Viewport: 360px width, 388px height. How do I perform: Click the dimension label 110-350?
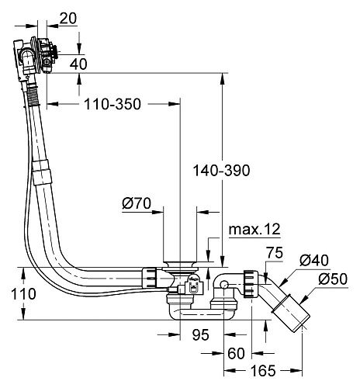pyautogui.click(x=112, y=104)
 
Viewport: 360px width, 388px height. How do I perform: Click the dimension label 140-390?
pyautogui.click(x=222, y=171)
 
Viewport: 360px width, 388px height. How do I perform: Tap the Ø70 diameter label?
pyautogui.click(x=137, y=203)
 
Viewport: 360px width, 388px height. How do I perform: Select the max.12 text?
pyautogui.click(x=254, y=229)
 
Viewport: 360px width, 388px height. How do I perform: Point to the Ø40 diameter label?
pyautogui.click(x=314, y=260)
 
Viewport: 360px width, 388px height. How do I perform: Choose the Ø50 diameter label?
pyautogui.click(x=333, y=279)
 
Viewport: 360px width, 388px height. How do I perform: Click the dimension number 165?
pyautogui.click(x=263, y=371)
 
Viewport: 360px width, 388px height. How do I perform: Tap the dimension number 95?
pyautogui.click(x=200, y=335)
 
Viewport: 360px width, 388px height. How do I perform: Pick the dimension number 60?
pyautogui.click(x=236, y=353)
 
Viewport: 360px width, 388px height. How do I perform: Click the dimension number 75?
pyautogui.click(x=275, y=253)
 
